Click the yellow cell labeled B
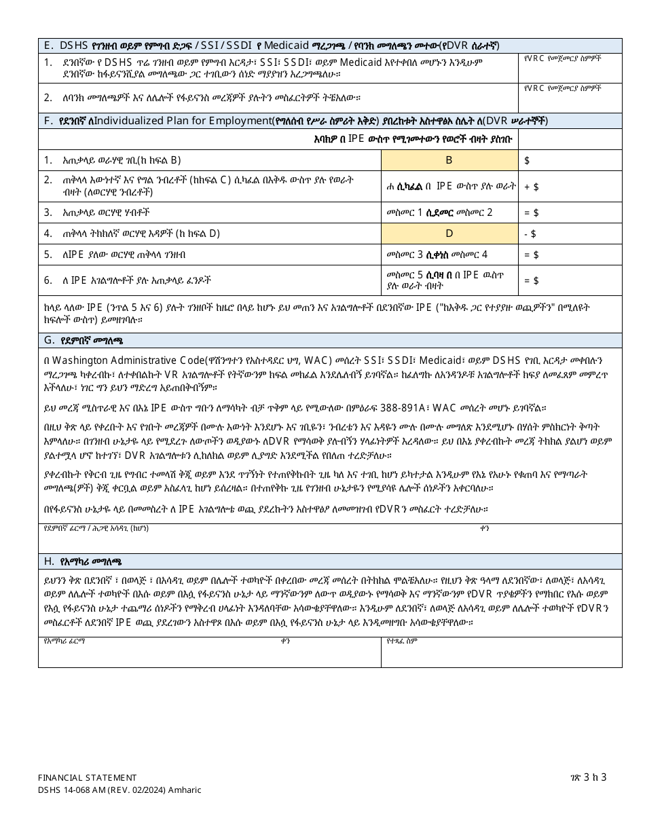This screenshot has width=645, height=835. (449, 160)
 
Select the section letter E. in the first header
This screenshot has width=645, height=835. (49, 45)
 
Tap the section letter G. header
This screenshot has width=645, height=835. (50, 340)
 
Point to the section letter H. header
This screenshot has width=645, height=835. (50, 561)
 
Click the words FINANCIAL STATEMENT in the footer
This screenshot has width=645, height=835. (88, 777)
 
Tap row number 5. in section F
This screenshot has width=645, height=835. (48, 255)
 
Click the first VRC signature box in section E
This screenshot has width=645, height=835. (570, 68)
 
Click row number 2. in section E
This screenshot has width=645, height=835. (48, 96)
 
